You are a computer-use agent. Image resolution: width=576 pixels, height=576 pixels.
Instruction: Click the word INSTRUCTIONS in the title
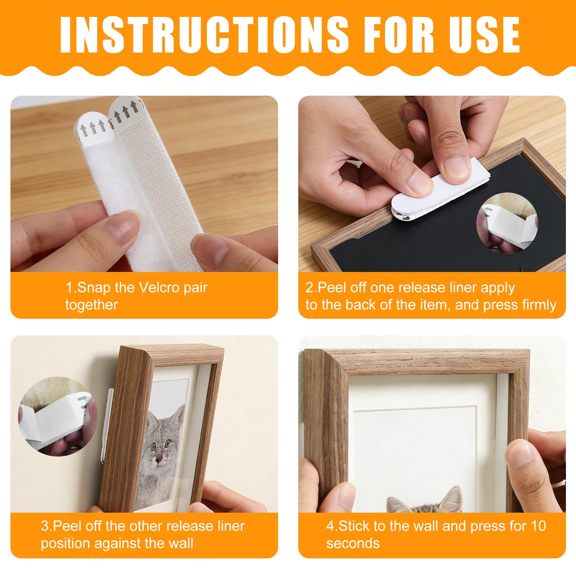(204, 35)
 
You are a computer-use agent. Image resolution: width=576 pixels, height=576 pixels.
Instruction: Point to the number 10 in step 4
(538, 526)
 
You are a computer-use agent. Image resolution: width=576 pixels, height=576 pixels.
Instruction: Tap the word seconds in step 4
(353, 543)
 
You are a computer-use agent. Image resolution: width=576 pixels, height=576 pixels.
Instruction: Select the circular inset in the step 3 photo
(58, 416)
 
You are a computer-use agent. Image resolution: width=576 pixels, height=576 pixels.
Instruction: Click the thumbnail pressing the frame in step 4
(522, 455)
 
